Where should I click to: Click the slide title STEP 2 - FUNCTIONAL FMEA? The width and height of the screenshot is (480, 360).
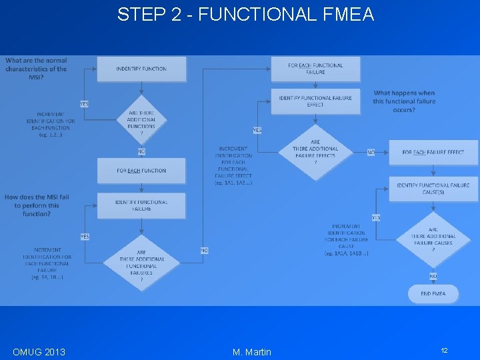tap(245, 14)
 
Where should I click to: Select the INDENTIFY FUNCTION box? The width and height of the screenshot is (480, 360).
tap(141, 69)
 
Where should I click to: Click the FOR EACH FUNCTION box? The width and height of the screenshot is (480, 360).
tap(141, 171)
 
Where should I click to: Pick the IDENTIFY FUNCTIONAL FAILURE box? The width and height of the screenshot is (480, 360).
tap(141, 205)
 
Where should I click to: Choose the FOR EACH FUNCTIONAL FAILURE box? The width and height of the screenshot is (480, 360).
tap(315, 69)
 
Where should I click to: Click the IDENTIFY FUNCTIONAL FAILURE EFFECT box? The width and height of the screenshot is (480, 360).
tap(315, 101)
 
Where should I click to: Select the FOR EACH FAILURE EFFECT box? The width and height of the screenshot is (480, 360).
tap(433, 152)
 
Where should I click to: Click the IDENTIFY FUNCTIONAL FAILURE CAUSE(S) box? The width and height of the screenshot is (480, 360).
tap(433, 188)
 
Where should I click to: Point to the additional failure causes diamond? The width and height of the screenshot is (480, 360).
tap(433, 239)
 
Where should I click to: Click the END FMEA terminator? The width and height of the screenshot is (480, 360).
tap(433, 293)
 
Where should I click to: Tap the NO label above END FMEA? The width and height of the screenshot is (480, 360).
tap(433, 276)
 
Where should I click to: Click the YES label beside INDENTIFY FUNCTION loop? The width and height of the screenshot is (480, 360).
tap(85, 103)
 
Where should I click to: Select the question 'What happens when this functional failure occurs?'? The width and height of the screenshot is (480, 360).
tap(404, 101)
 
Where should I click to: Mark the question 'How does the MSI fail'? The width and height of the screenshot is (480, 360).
tap(36, 205)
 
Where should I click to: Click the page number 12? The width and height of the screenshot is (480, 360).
tap(443, 351)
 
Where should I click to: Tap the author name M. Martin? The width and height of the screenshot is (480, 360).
tap(252, 351)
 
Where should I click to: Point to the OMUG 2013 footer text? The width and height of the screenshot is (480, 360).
tap(39, 351)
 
